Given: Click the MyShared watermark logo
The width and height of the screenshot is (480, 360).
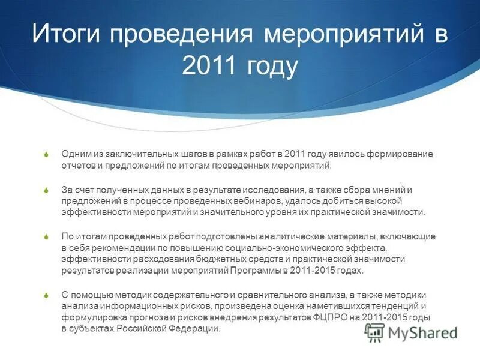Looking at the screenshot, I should pos(412,332).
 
